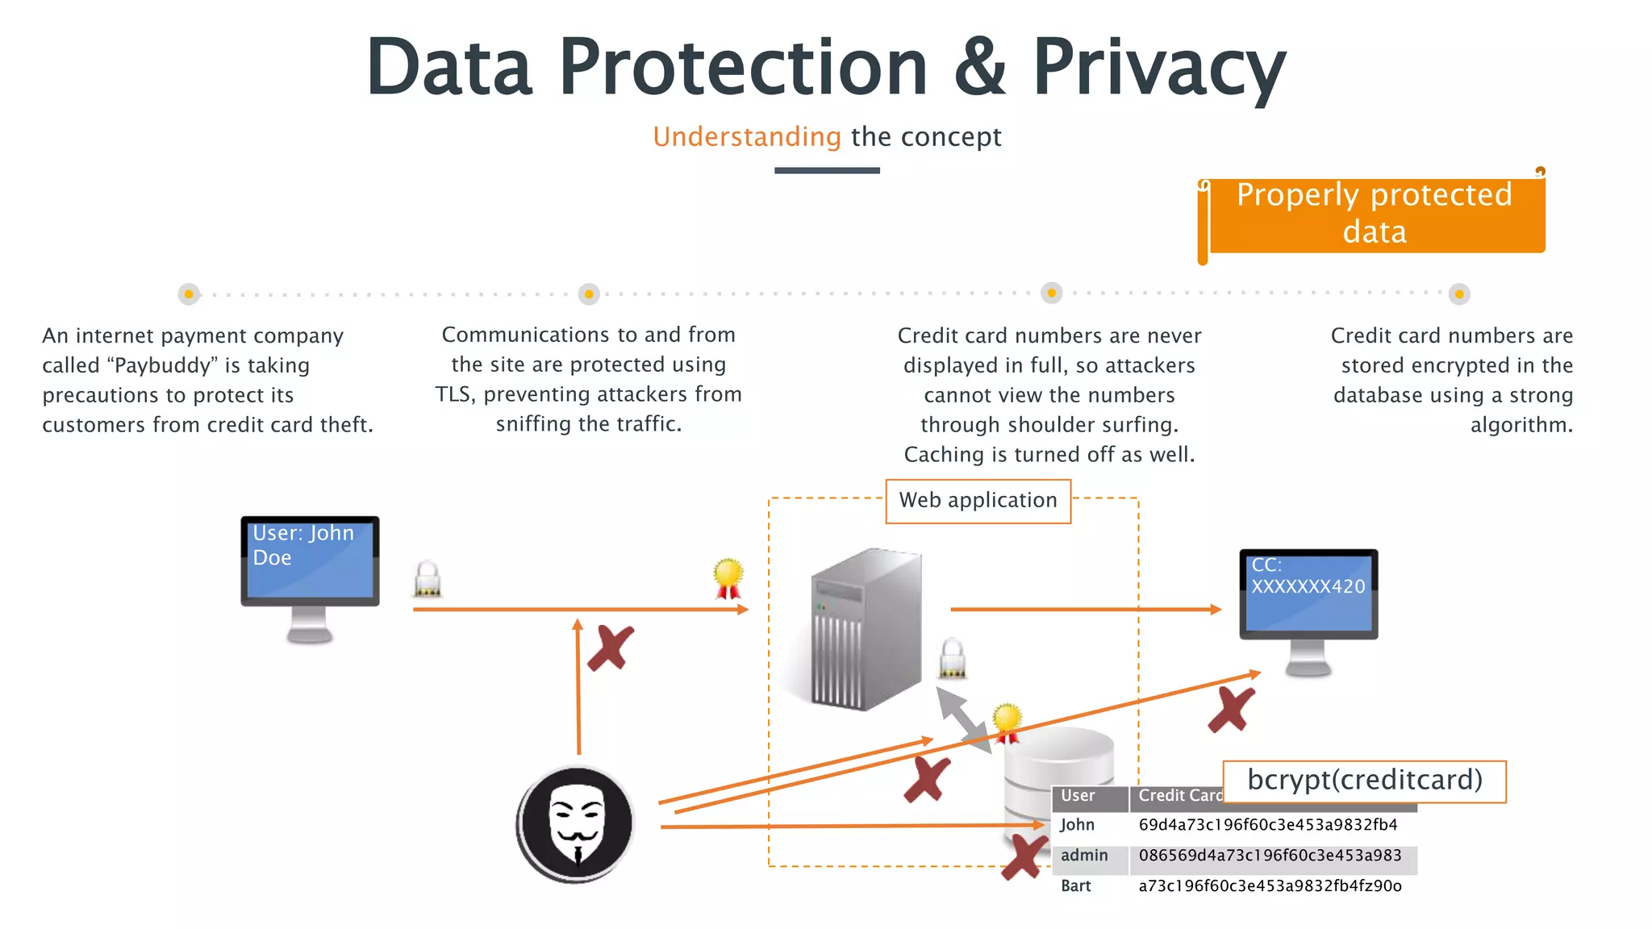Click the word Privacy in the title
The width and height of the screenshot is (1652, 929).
click(x=1158, y=68)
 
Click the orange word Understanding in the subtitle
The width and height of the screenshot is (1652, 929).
click(x=747, y=137)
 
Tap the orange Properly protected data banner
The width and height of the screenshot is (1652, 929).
click(x=1375, y=215)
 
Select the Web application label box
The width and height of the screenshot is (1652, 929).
click(x=978, y=501)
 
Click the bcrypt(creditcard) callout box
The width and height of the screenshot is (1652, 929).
click(x=1364, y=781)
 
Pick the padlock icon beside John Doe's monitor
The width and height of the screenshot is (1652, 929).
click(x=428, y=579)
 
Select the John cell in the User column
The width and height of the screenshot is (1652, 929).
click(x=1077, y=825)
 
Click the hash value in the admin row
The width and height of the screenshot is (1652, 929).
click(x=1270, y=856)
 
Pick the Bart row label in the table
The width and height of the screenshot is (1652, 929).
click(x=1076, y=886)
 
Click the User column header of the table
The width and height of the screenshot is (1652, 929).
click(x=1078, y=796)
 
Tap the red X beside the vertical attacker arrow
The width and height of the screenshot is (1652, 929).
click(x=611, y=648)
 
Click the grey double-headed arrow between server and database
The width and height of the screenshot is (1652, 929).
click(x=963, y=720)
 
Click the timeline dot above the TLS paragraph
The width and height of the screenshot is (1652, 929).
click(x=589, y=294)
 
